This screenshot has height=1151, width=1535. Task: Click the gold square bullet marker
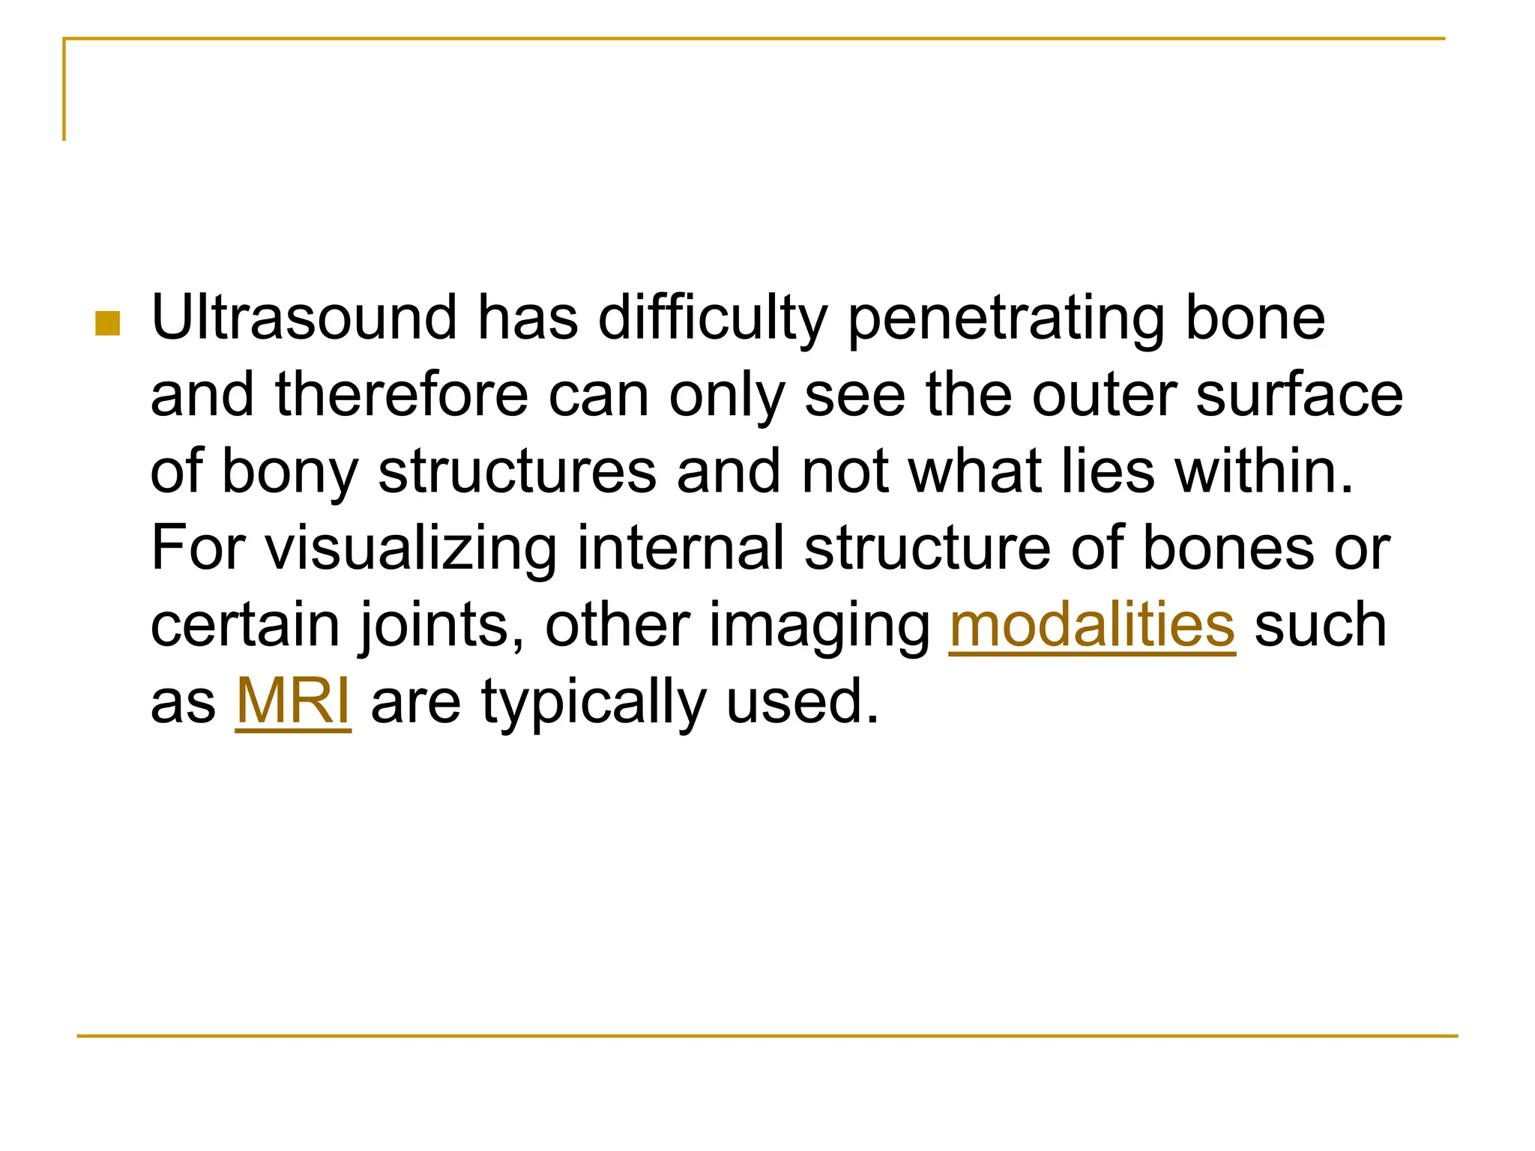(x=108, y=324)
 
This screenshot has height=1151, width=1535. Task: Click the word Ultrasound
(x=304, y=318)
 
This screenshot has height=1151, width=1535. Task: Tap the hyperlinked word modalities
(x=1091, y=626)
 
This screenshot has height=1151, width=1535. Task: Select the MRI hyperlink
(x=293, y=702)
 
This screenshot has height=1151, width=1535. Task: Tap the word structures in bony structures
(x=517, y=472)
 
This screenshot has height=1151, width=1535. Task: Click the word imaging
(x=819, y=627)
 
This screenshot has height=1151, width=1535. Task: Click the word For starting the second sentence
(x=198, y=549)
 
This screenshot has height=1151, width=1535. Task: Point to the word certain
(x=245, y=626)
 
